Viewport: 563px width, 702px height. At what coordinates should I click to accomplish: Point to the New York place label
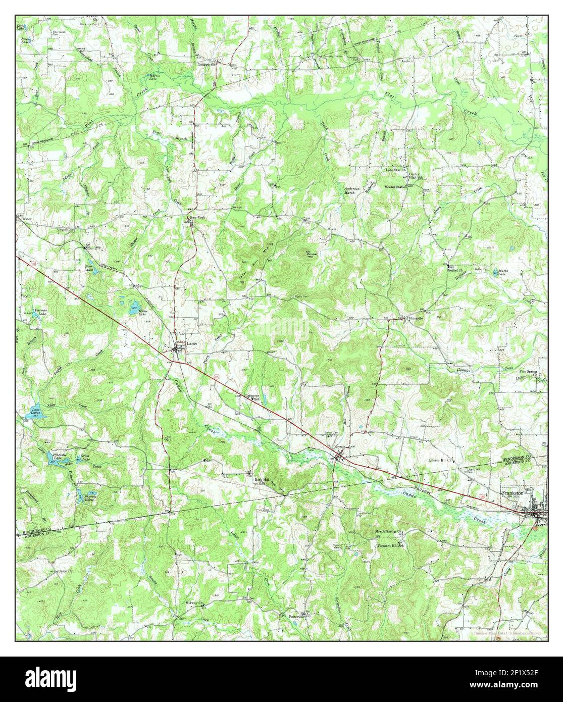pos(198,218)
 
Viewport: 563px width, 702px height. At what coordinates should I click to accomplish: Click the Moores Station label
pos(395,187)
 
